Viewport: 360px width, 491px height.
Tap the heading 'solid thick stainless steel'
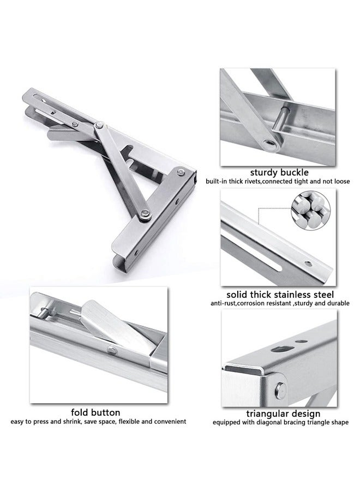(280, 294)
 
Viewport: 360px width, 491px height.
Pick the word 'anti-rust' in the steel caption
(225, 303)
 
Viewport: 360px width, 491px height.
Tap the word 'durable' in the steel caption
(337, 303)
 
